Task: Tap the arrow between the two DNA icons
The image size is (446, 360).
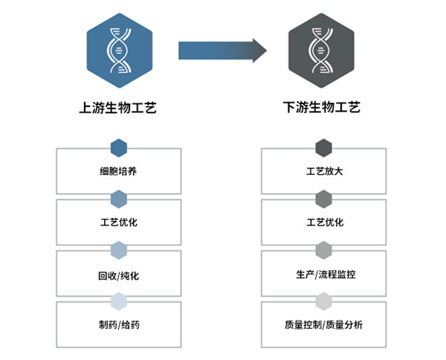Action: [x=222, y=51]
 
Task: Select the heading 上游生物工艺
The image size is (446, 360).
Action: [x=118, y=107]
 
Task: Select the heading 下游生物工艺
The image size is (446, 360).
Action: [x=323, y=107]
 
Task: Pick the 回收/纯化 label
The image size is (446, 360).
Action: [x=118, y=275]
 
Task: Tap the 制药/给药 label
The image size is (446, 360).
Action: [x=118, y=326]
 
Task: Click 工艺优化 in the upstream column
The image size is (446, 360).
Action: [x=118, y=222]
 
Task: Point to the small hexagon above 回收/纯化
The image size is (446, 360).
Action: [x=119, y=250]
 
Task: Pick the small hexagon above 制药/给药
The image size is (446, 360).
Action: [x=119, y=300]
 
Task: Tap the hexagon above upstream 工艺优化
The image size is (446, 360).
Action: [x=119, y=199]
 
